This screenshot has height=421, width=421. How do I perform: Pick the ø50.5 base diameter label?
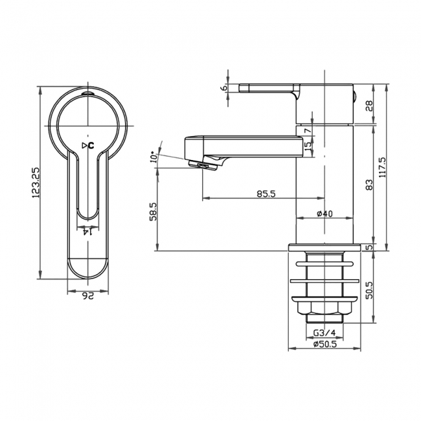(x=323, y=344)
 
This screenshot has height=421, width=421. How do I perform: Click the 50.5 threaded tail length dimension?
(x=369, y=287)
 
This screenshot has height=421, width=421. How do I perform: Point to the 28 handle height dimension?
(x=369, y=105)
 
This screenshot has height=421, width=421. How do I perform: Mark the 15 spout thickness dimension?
(x=307, y=147)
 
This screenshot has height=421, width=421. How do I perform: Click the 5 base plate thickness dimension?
(x=369, y=247)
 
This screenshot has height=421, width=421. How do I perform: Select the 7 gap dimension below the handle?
(x=307, y=131)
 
